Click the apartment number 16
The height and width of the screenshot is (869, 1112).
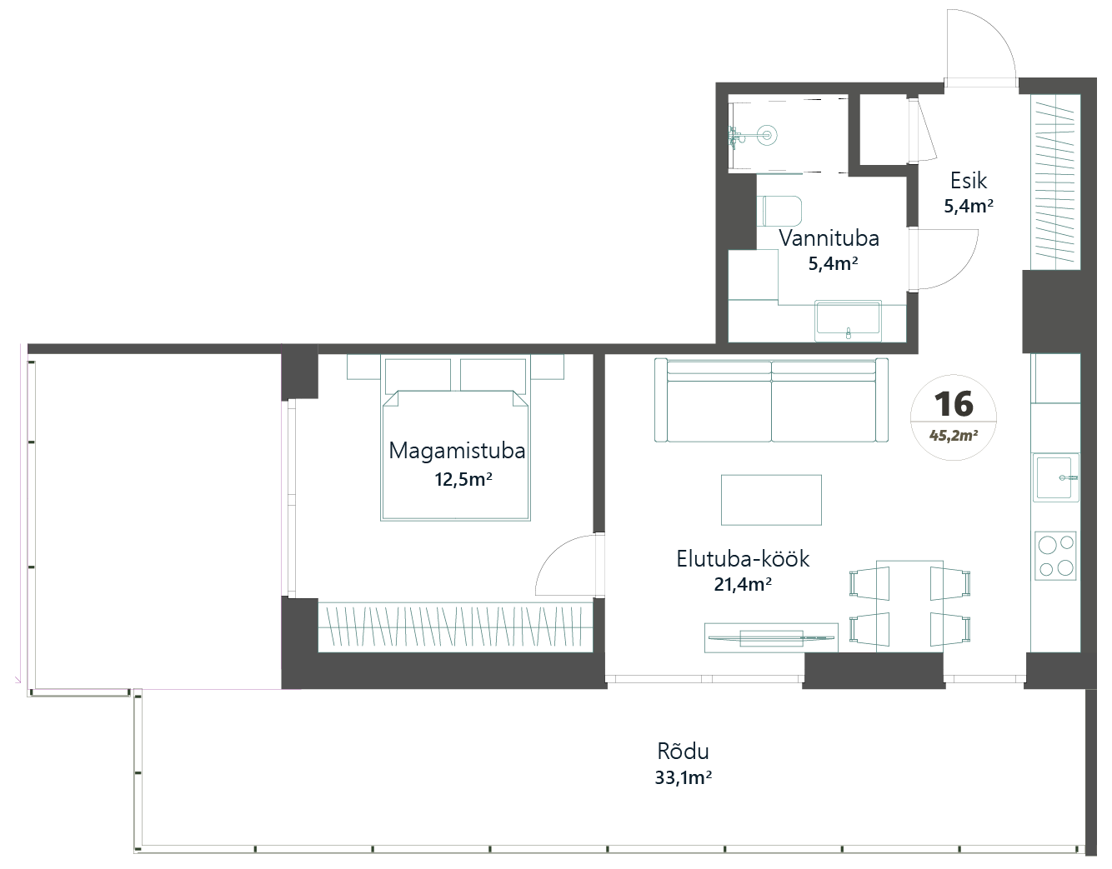[x=954, y=404]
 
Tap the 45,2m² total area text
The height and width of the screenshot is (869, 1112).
[x=954, y=436]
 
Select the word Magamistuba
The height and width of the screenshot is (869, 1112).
[x=457, y=451]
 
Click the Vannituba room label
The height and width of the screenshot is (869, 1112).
[x=829, y=238]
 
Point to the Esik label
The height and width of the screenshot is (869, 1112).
[x=968, y=181]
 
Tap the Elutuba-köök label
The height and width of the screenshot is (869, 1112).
[x=743, y=558]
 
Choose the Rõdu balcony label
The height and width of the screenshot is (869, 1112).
[x=684, y=752]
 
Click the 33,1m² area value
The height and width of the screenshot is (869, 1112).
[x=684, y=777]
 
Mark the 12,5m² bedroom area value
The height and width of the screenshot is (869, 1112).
[x=463, y=479]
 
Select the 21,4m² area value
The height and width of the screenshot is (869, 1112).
[x=743, y=584]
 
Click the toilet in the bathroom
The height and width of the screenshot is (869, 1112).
[x=782, y=211]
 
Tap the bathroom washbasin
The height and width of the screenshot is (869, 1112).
[x=849, y=320]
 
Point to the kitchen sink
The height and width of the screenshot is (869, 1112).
[x=1055, y=477]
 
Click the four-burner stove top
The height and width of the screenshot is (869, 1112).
[x=1055, y=556]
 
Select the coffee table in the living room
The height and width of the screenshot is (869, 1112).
[x=771, y=500]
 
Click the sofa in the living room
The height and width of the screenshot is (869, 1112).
[x=771, y=400]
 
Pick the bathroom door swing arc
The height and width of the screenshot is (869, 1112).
[x=962, y=271]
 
